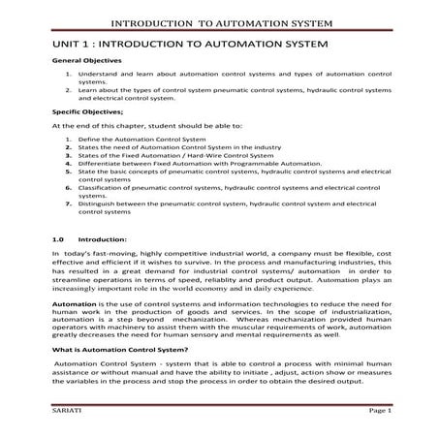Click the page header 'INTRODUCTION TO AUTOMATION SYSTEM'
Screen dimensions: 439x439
click(219, 21)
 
